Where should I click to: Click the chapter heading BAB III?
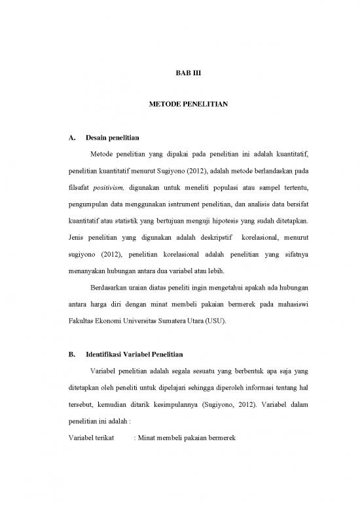181,77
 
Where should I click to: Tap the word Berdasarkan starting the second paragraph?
107,286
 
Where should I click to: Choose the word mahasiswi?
291,304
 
